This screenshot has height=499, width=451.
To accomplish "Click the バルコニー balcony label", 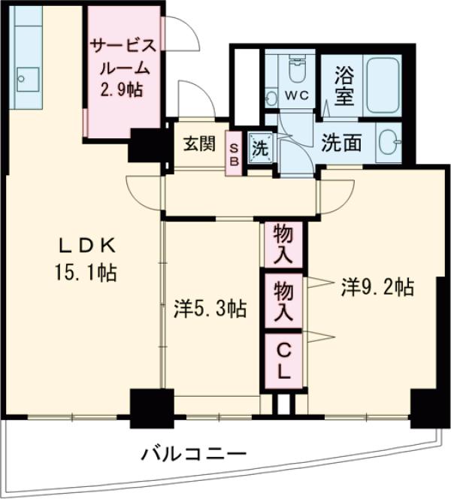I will click(x=194, y=455).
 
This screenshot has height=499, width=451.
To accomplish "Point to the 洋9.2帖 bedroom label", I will click(x=377, y=286).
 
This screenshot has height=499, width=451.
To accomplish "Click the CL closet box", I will click(x=283, y=358).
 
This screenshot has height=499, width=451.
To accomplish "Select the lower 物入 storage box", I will click(x=283, y=300).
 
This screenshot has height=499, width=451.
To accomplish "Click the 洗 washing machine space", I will click(x=260, y=147).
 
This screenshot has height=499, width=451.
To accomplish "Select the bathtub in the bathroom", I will click(x=383, y=85).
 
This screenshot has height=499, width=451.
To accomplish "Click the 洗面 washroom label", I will click(x=342, y=143).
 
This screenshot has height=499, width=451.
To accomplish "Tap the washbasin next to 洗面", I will click(x=388, y=141).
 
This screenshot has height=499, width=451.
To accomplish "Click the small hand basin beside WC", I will click(x=271, y=97).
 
